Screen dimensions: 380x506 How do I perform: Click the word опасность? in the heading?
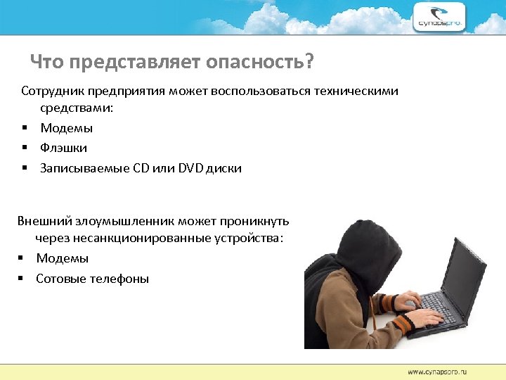pos(259,63)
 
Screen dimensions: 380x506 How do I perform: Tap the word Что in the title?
pos(47,63)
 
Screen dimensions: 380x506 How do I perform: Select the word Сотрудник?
pos(52,92)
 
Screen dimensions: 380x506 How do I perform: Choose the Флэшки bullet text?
pos(64,148)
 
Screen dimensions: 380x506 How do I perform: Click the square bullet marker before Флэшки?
pos(24,148)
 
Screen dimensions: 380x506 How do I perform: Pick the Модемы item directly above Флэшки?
pos(67,128)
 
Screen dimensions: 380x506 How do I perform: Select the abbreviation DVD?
pos(192,168)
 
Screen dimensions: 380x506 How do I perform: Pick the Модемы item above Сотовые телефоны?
pos(63,258)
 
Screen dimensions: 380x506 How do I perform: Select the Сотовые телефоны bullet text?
pos(93,279)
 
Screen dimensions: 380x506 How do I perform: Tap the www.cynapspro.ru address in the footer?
pos(436,371)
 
